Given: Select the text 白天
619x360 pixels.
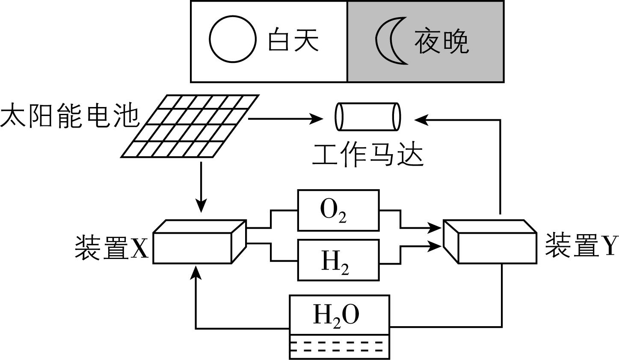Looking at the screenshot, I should click(x=293, y=41).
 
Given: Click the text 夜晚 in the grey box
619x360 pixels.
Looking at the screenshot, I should click(x=441, y=42).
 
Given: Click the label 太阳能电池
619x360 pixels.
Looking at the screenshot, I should click(x=70, y=116).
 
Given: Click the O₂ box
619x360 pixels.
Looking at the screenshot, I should click(x=338, y=211).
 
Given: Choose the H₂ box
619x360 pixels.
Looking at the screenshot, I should click(x=338, y=260).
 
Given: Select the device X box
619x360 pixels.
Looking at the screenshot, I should click(x=199, y=242).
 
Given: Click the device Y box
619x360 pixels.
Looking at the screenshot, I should click(x=490, y=242).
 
